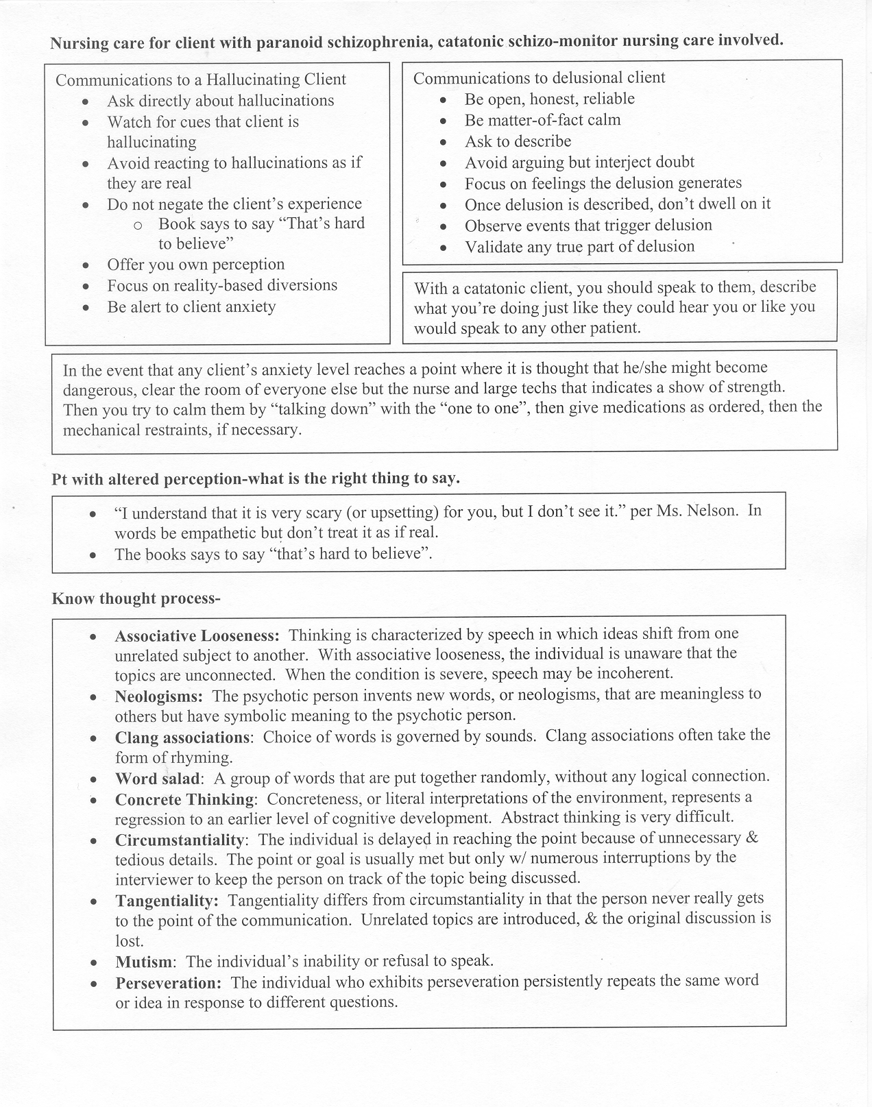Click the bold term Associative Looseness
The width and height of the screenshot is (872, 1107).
click(x=197, y=635)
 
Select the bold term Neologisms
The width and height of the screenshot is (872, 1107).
click(x=158, y=697)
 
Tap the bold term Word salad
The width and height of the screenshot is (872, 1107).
click(x=157, y=779)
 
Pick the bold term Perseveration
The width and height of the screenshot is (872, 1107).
click(x=168, y=983)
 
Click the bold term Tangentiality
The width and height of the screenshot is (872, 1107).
click(x=167, y=900)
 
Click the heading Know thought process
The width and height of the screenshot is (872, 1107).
click(x=136, y=599)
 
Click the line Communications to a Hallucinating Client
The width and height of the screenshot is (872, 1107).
click(x=201, y=80)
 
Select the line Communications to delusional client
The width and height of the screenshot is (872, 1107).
click(x=539, y=77)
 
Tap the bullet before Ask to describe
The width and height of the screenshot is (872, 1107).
click(x=444, y=143)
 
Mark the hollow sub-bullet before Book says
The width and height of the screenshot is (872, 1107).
click(x=138, y=225)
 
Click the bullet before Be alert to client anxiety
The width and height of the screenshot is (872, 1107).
click(x=86, y=308)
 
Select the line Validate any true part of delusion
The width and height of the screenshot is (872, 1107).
click(x=579, y=246)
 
